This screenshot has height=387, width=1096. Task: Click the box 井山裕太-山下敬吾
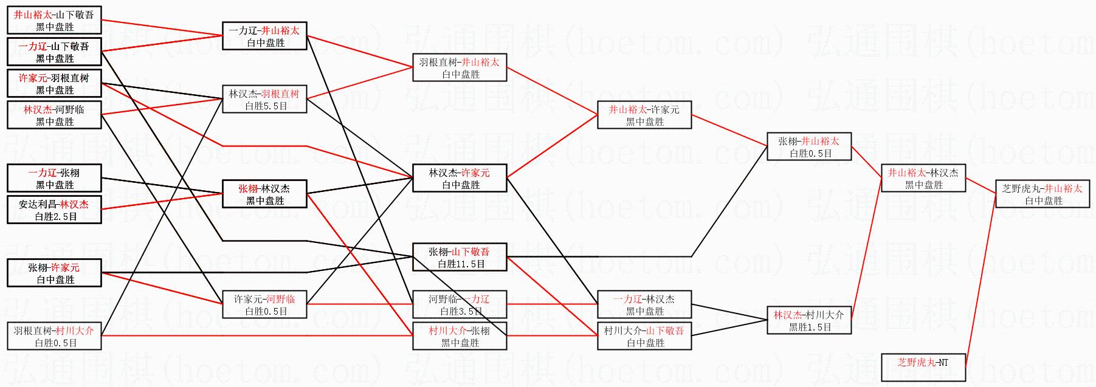54,21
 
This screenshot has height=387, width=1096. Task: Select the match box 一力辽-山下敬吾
54,52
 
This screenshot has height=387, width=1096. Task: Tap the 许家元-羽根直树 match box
54,84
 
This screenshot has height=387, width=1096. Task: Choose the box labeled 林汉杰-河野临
54,115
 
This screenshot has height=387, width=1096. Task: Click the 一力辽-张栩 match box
54,179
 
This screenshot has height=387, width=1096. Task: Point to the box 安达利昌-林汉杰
54,210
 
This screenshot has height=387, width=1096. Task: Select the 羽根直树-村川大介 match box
54,337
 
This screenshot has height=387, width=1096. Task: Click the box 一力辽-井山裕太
264,36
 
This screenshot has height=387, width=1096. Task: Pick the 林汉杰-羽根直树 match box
264,100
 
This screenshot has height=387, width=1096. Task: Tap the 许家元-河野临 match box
264,305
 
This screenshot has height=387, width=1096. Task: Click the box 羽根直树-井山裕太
460,68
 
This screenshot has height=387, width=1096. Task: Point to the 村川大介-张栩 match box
460,337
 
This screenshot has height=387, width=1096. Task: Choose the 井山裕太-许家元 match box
644,115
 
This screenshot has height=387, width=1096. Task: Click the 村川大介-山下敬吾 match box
644,337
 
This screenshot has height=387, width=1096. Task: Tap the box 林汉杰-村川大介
809,321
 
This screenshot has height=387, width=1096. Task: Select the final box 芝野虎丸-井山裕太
1042,194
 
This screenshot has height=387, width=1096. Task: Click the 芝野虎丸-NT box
923,368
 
